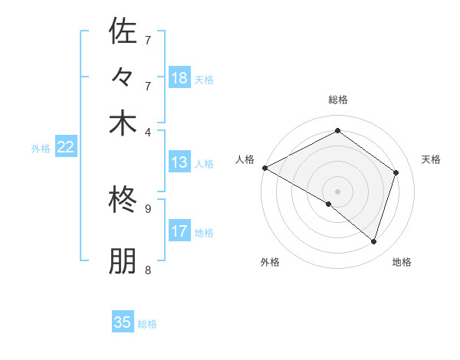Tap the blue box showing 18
(x=179, y=78)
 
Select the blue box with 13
(x=179, y=162)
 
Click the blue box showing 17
(x=179, y=231)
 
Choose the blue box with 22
(x=65, y=148)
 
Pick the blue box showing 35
(x=123, y=322)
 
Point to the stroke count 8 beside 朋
(x=148, y=270)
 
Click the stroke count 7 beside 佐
(x=148, y=39)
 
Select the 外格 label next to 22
(x=40, y=149)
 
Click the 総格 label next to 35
(x=147, y=324)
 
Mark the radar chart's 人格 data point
(x=264, y=168)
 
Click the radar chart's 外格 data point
(x=329, y=204)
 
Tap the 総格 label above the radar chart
(x=337, y=100)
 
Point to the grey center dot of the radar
(x=337, y=191)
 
